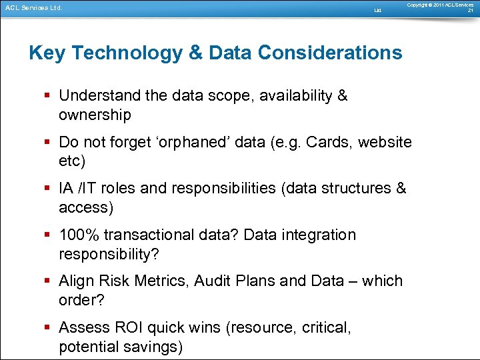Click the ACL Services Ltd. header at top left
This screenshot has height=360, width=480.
pyautogui.click(x=33, y=8)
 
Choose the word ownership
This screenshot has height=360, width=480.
pyautogui.click(x=95, y=115)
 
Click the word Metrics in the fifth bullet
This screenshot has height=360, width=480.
pyautogui.click(x=161, y=281)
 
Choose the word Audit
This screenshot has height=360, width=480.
pyautogui.click(x=212, y=281)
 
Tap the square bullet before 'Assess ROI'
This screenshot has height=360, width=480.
pyautogui.click(x=50, y=328)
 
